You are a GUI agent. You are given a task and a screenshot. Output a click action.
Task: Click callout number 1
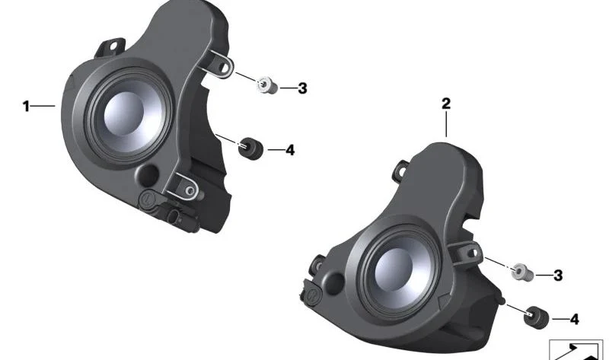click(x=26, y=106)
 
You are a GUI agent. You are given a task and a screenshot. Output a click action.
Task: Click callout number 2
click(x=446, y=104)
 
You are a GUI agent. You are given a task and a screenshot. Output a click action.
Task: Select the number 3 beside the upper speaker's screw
click(x=302, y=88)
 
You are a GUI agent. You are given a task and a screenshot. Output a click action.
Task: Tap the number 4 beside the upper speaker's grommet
click(x=290, y=150)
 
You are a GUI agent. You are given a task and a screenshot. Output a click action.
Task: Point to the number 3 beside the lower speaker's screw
click(x=558, y=276)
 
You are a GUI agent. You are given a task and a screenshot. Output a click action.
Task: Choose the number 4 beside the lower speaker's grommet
click(x=575, y=320)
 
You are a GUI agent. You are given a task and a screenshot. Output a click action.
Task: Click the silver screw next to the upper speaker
click(x=268, y=85)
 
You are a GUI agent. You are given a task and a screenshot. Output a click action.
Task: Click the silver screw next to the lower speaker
click(x=521, y=272)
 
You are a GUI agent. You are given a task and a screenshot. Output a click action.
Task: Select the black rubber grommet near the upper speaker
click(x=250, y=148)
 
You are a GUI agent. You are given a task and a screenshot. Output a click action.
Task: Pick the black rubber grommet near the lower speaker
click(x=537, y=317)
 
